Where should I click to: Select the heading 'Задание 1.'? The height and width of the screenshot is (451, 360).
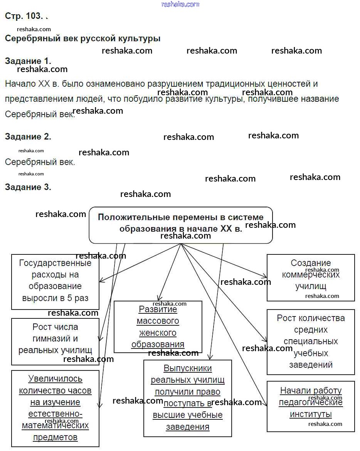(x=28, y=61)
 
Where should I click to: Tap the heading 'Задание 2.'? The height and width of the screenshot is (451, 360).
(x=28, y=136)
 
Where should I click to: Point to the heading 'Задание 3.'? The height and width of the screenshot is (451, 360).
(x=28, y=187)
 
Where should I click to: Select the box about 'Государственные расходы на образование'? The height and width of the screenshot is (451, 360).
(x=55, y=281)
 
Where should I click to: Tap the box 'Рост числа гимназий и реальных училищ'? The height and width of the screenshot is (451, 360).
(x=55, y=341)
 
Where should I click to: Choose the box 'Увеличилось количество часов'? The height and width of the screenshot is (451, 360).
(x=55, y=408)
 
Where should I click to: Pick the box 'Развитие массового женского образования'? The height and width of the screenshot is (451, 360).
(x=158, y=326)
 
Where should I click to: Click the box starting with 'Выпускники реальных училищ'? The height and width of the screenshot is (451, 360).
(x=188, y=398)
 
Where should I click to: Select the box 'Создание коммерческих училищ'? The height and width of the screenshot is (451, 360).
(x=311, y=277)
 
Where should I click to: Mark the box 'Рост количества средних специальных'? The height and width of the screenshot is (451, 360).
(x=311, y=341)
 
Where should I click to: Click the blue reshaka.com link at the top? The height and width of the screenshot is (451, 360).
(x=180, y=4)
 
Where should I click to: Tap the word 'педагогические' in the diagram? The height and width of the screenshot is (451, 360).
(x=311, y=403)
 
